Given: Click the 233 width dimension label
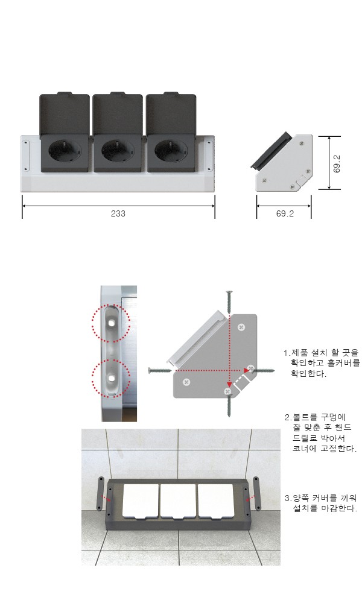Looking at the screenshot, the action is [118, 213].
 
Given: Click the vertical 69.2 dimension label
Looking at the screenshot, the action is [337, 163].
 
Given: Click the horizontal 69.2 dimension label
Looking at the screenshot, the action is [285, 213].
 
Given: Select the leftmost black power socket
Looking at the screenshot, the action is [65, 153].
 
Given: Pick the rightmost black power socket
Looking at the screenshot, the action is [171, 153].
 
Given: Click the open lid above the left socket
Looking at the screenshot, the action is [65, 114].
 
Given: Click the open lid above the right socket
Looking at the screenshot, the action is [171, 114].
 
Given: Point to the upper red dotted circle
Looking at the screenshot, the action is [111, 323].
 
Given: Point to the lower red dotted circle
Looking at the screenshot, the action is [111, 378].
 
